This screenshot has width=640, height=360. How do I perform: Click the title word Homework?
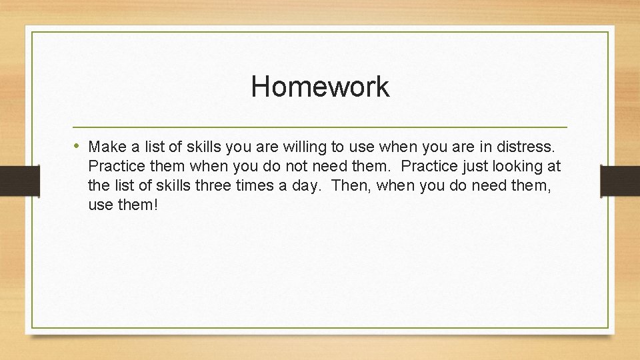coord(320,87)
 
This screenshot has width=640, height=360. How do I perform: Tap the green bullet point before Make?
coord(78,145)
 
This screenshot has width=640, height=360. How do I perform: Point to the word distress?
coord(531,146)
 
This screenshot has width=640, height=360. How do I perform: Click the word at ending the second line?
coord(553,166)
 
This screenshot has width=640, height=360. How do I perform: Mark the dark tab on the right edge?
coord(620,180)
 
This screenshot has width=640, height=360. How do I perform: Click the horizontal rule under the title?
coord(320,127)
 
